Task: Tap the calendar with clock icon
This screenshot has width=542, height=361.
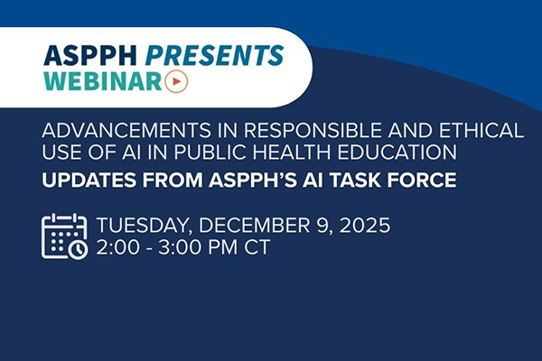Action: pos(64,236)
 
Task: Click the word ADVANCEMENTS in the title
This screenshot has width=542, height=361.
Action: pos(107,131)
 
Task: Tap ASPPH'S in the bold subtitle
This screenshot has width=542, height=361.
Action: pos(249,180)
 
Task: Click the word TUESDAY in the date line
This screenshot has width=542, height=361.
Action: pos(143,226)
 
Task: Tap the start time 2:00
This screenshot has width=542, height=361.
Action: pos(116,248)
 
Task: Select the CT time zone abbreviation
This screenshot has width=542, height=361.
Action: pos(256,248)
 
